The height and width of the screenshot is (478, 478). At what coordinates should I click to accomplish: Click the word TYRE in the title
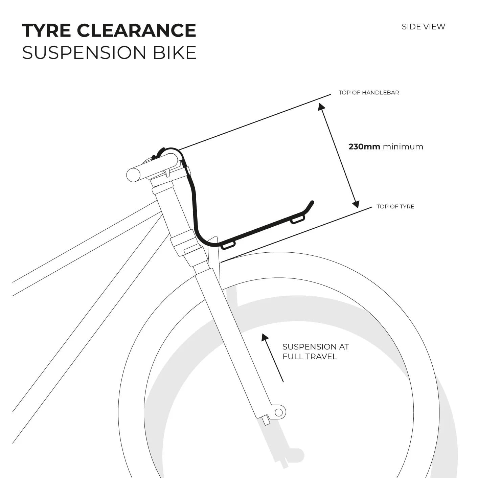pyautogui.click(x=46, y=30)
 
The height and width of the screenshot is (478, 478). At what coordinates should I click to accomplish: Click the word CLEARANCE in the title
pyautogui.click(x=136, y=30)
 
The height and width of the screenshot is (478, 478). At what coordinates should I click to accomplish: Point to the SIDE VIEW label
pyautogui.click(x=423, y=27)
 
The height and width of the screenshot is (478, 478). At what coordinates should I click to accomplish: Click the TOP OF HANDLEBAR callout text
pyautogui.click(x=369, y=93)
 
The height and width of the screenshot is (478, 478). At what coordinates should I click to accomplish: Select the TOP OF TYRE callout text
pyautogui.click(x=395, y=207)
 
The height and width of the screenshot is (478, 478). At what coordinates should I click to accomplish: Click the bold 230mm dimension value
pyautogui.click(x=364, y=147)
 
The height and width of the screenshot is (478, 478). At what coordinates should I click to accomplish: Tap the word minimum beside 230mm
pyautogui.click(x=403, y=147)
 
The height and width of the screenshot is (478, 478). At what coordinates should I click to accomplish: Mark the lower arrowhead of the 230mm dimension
pyautogui.click(x=356, y=204)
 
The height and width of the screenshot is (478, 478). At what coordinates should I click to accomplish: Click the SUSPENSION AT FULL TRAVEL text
pyautogui.click(x=315, y=351)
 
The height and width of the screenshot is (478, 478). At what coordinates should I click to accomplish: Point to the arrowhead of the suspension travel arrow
pyautogui.click(x=265, y=337)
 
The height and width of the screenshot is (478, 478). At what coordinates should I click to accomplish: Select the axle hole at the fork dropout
pyautogui.click(x=278, y=412)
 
